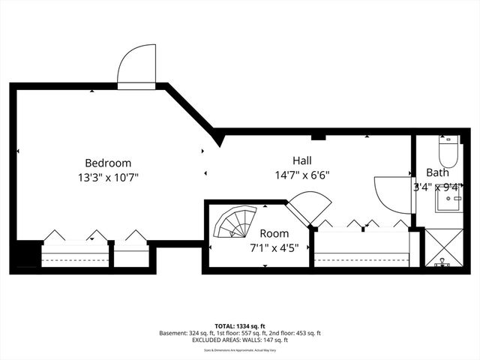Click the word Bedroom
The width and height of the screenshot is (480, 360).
pos(108,163)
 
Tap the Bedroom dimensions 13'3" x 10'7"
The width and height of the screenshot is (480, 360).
pos(108,177)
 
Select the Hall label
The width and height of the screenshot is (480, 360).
pos(302,160)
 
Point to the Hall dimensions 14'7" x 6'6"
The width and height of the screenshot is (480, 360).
pos(301,175)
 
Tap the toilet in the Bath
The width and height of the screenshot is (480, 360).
pos(448,151)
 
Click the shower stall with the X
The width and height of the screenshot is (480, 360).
pos(443,247)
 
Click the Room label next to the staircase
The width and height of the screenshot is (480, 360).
pos(274,234)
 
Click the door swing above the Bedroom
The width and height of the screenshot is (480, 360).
pos(138,66)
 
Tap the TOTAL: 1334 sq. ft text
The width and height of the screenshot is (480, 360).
pos(240,325)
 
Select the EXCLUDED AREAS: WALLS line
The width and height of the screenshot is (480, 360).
pos(240,340)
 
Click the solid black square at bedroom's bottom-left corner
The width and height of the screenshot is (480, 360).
pos(25,256)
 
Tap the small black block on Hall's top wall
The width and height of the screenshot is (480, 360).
pos(317,136)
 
